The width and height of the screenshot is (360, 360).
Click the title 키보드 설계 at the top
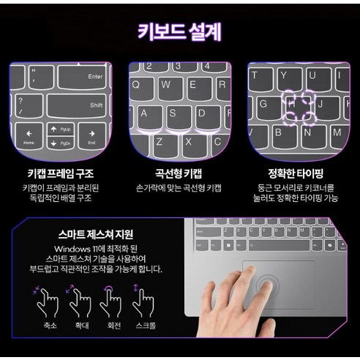point(179,32)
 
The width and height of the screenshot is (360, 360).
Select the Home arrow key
point(29,137)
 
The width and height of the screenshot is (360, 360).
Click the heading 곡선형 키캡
point(179,174)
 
